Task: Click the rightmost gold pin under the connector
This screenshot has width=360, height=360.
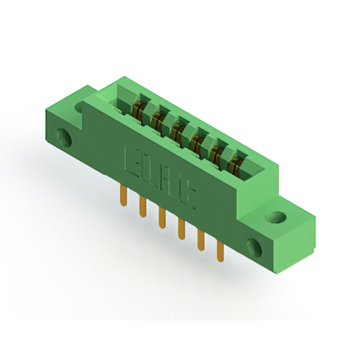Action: pyautogui.click(x=219, y=251)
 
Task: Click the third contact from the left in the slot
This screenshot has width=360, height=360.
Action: pyautogui.click(x=177, y=130)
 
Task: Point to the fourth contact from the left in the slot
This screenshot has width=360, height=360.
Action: pyautogui.click(x=196, y=142)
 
